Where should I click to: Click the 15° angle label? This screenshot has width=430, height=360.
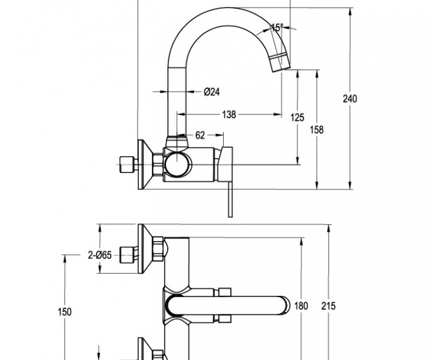277,27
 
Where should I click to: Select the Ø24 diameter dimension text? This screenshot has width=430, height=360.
211,92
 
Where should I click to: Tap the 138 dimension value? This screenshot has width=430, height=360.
229,115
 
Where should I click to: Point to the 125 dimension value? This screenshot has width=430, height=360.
297,118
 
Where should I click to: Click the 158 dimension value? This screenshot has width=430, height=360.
317,130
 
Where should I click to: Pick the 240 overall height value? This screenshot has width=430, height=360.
350,99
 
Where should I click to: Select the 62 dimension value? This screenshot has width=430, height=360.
200,135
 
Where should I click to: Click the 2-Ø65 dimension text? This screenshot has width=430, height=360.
99,255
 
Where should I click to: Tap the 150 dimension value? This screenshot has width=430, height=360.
64,312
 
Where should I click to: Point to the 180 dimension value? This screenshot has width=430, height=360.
302,306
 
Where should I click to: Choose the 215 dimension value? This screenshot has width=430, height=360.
328,306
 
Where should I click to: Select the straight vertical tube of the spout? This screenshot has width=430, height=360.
178,101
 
